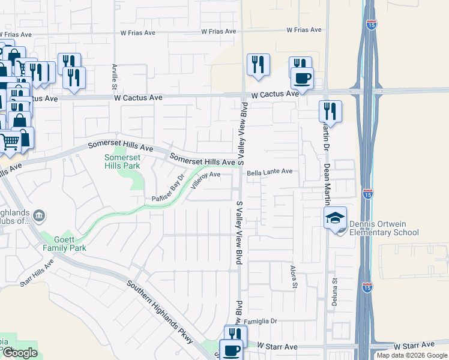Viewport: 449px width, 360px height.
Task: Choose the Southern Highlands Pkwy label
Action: click(161, 312)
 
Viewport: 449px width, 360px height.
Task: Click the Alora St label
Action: click(294, 277)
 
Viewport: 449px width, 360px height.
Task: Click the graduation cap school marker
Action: click(336, 219)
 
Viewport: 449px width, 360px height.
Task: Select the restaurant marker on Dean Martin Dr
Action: click(330, 111)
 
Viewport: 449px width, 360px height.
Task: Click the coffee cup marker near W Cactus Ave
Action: click(302, 78)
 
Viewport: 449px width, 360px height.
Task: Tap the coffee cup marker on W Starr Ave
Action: click(231, 350)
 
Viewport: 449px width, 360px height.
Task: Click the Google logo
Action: click(19, 353)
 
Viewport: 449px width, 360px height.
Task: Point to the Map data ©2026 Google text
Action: click(412, 355)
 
